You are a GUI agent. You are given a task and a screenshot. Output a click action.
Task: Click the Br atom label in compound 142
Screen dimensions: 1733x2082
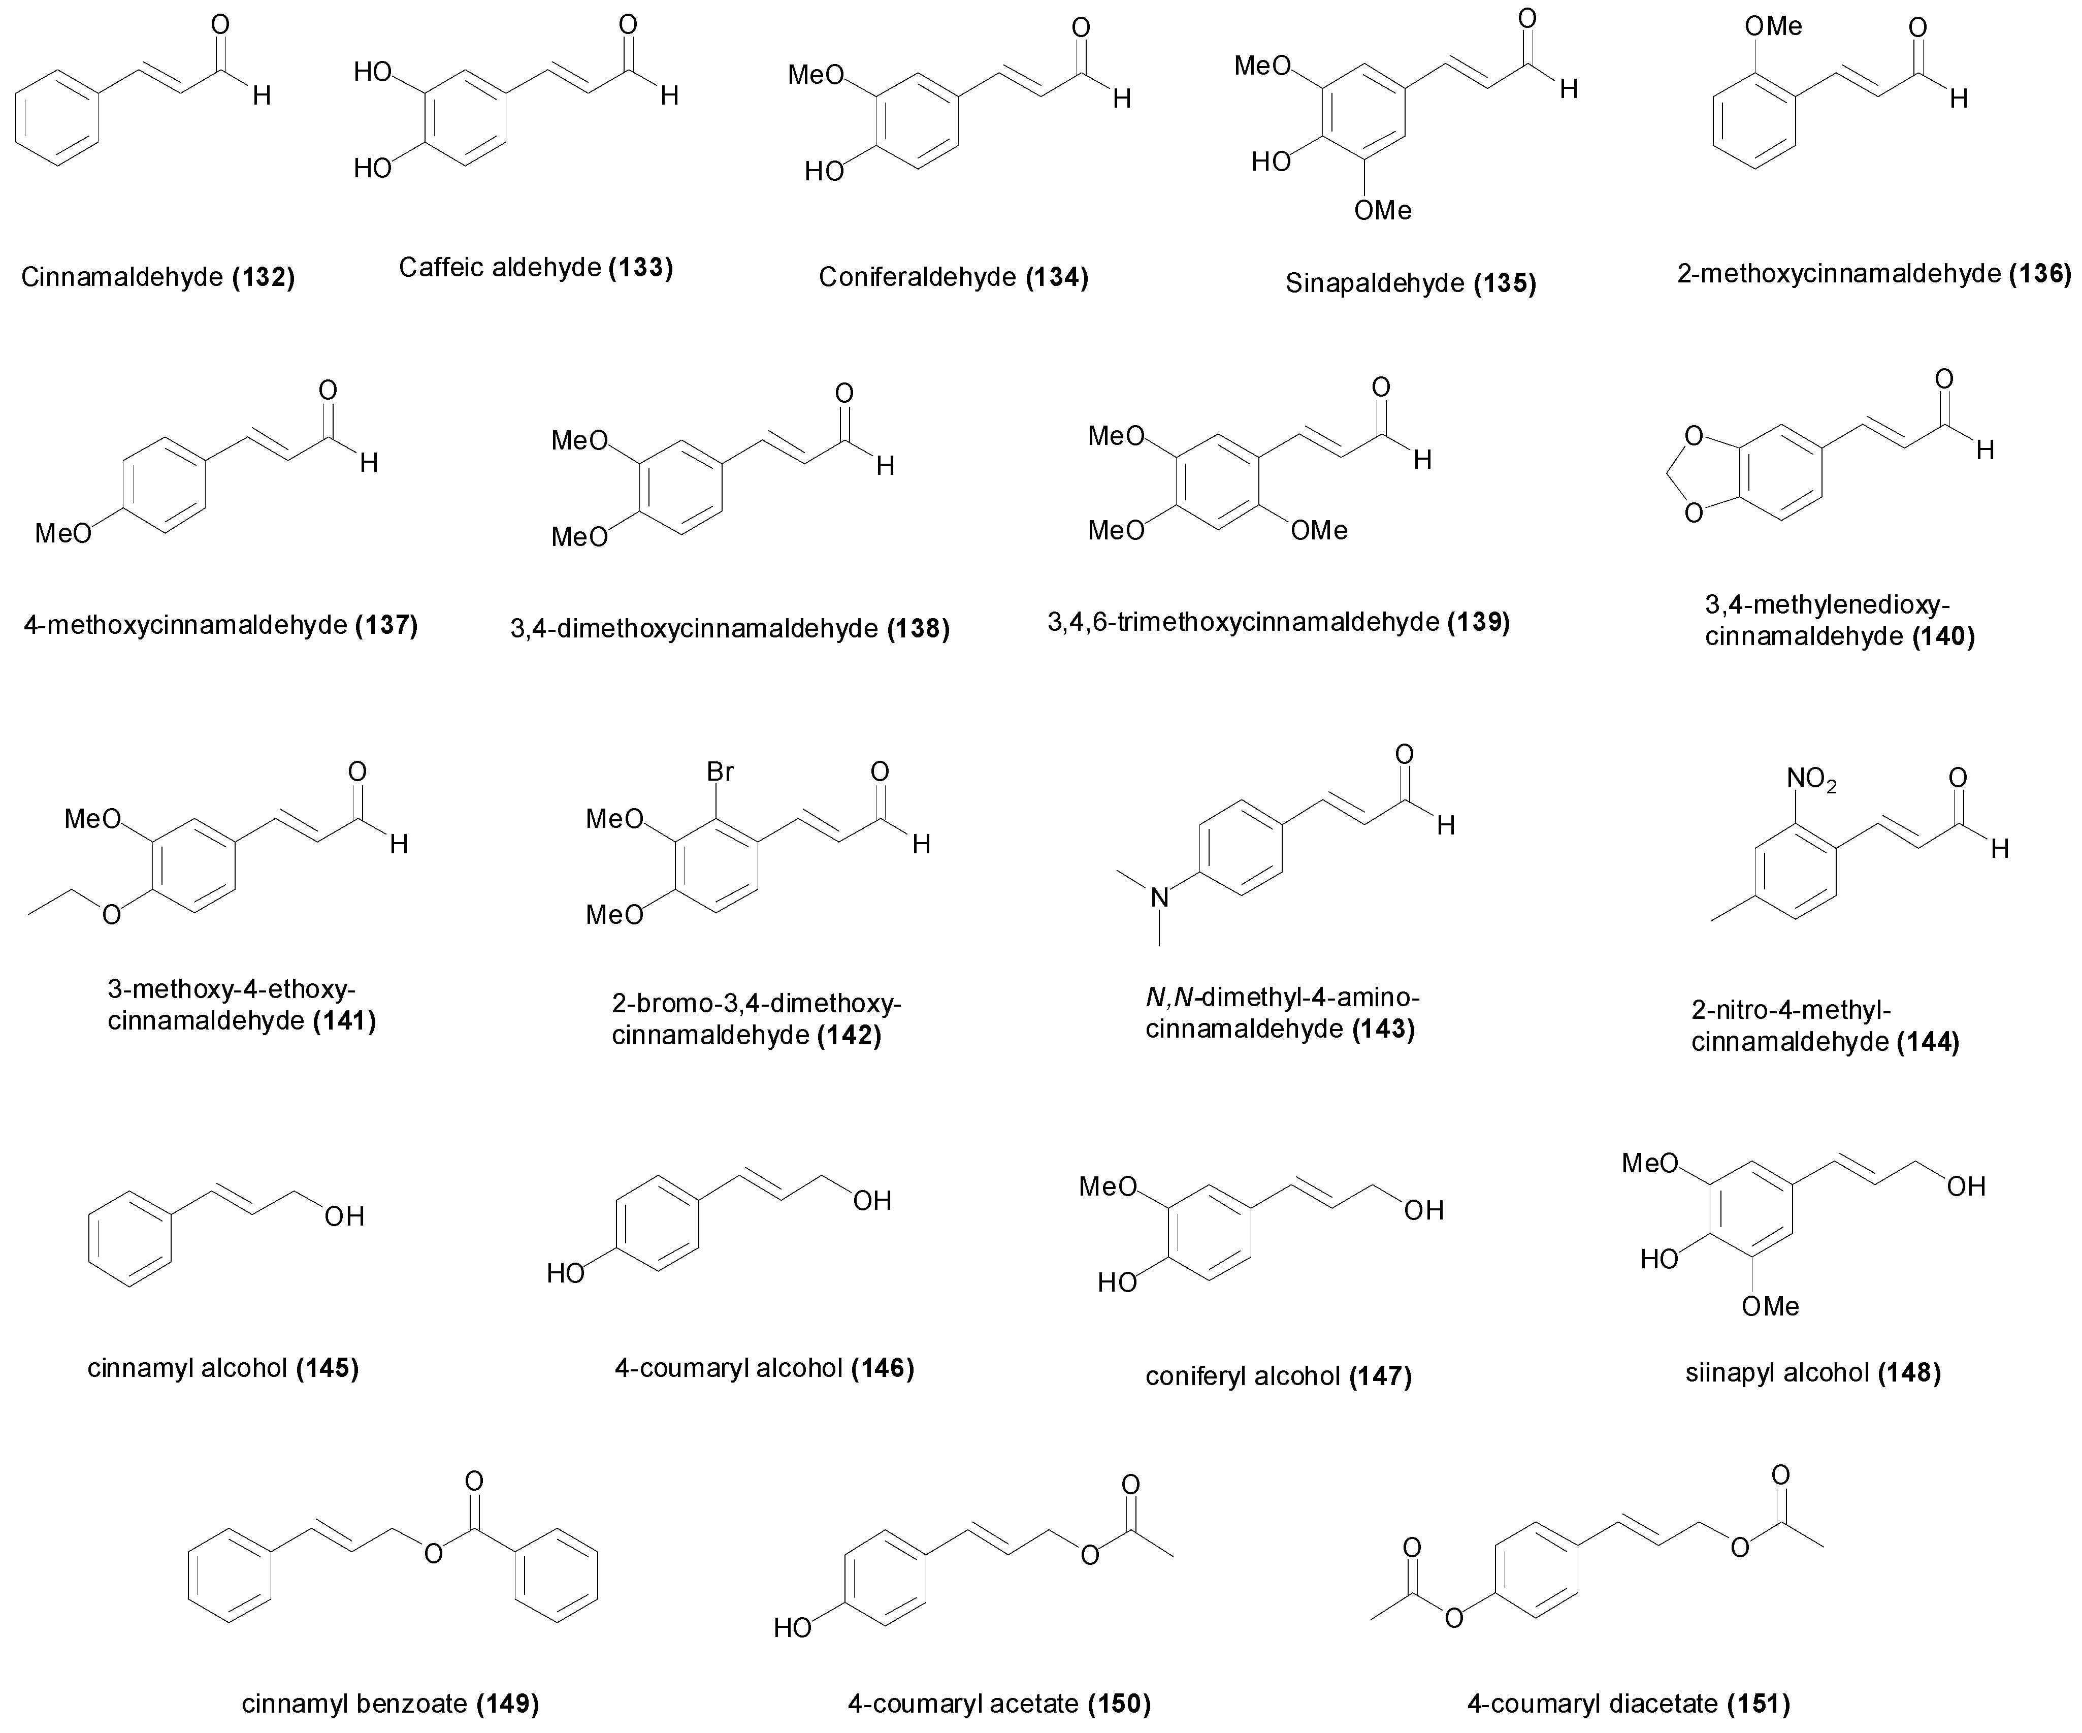pyautogui.click(x=720, y=771)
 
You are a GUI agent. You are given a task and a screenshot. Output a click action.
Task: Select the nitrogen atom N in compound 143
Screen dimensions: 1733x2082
pyautogui.click(x=1159, y=898)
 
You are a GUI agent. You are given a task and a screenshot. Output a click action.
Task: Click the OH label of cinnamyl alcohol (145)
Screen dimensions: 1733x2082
pyautogui.click(x=343, y=1215)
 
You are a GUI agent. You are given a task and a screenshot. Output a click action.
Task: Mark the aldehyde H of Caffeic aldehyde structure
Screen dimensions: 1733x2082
pyautogui.click(x=670, y=95)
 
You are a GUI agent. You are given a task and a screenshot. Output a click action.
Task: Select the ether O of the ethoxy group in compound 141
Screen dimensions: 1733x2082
pyautogui.click(x=111, y=913)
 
